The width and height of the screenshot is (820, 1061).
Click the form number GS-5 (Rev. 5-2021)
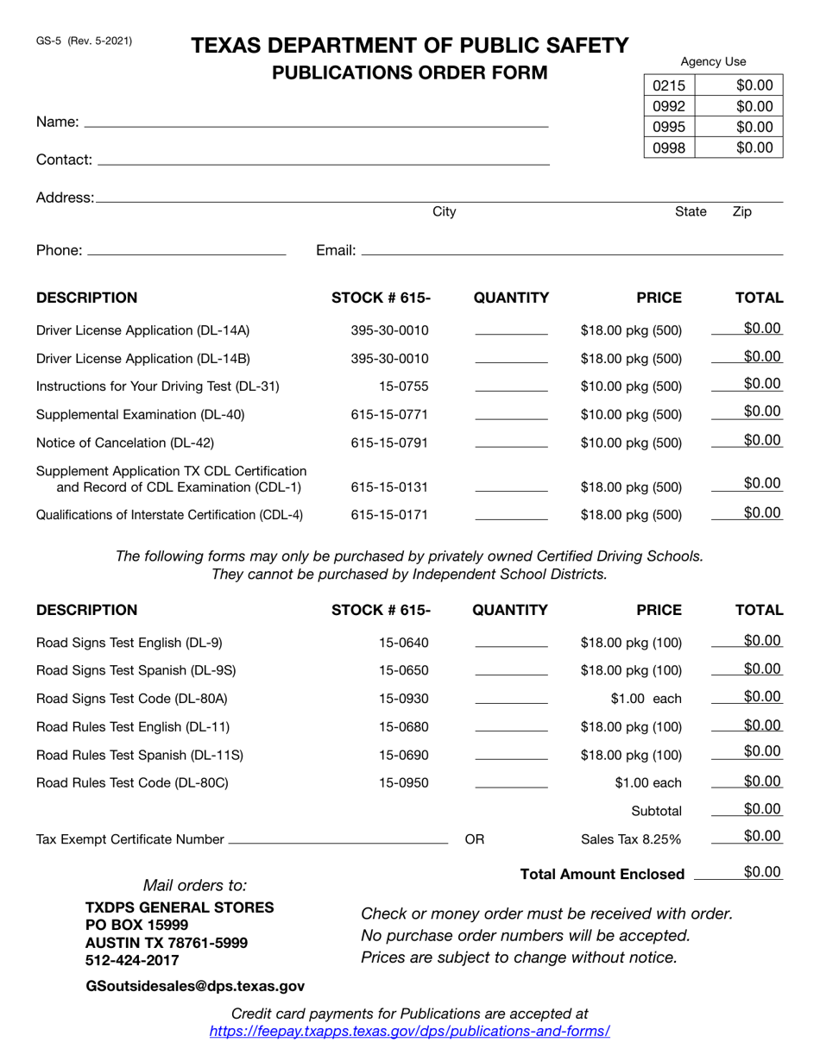(x=85, y=41)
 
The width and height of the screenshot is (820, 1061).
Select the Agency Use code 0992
(x=669, y=106)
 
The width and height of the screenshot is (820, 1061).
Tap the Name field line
(x=316, y=122)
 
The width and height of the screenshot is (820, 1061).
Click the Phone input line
(x=186, y=251)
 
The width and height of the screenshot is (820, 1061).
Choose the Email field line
(x=571, y=251)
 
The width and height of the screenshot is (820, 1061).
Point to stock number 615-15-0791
(x=389, y=443)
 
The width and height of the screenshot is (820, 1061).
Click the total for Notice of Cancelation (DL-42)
(x=762, y=440)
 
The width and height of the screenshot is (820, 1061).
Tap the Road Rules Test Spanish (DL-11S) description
(x=140, y=756)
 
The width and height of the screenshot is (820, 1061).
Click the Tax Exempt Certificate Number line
(x=338, y=839)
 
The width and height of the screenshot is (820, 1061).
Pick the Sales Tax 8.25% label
(x=631, y=839)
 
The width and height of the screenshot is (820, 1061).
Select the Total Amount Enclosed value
(x=762, y=872)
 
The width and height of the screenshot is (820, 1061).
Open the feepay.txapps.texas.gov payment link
(x=409, y=1032)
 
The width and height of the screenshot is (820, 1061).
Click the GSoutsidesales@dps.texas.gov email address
(x=195, y=986)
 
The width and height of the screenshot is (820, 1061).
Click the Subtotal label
(x=656, y=811)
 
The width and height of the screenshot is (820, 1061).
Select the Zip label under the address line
(x=741, y=212)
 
